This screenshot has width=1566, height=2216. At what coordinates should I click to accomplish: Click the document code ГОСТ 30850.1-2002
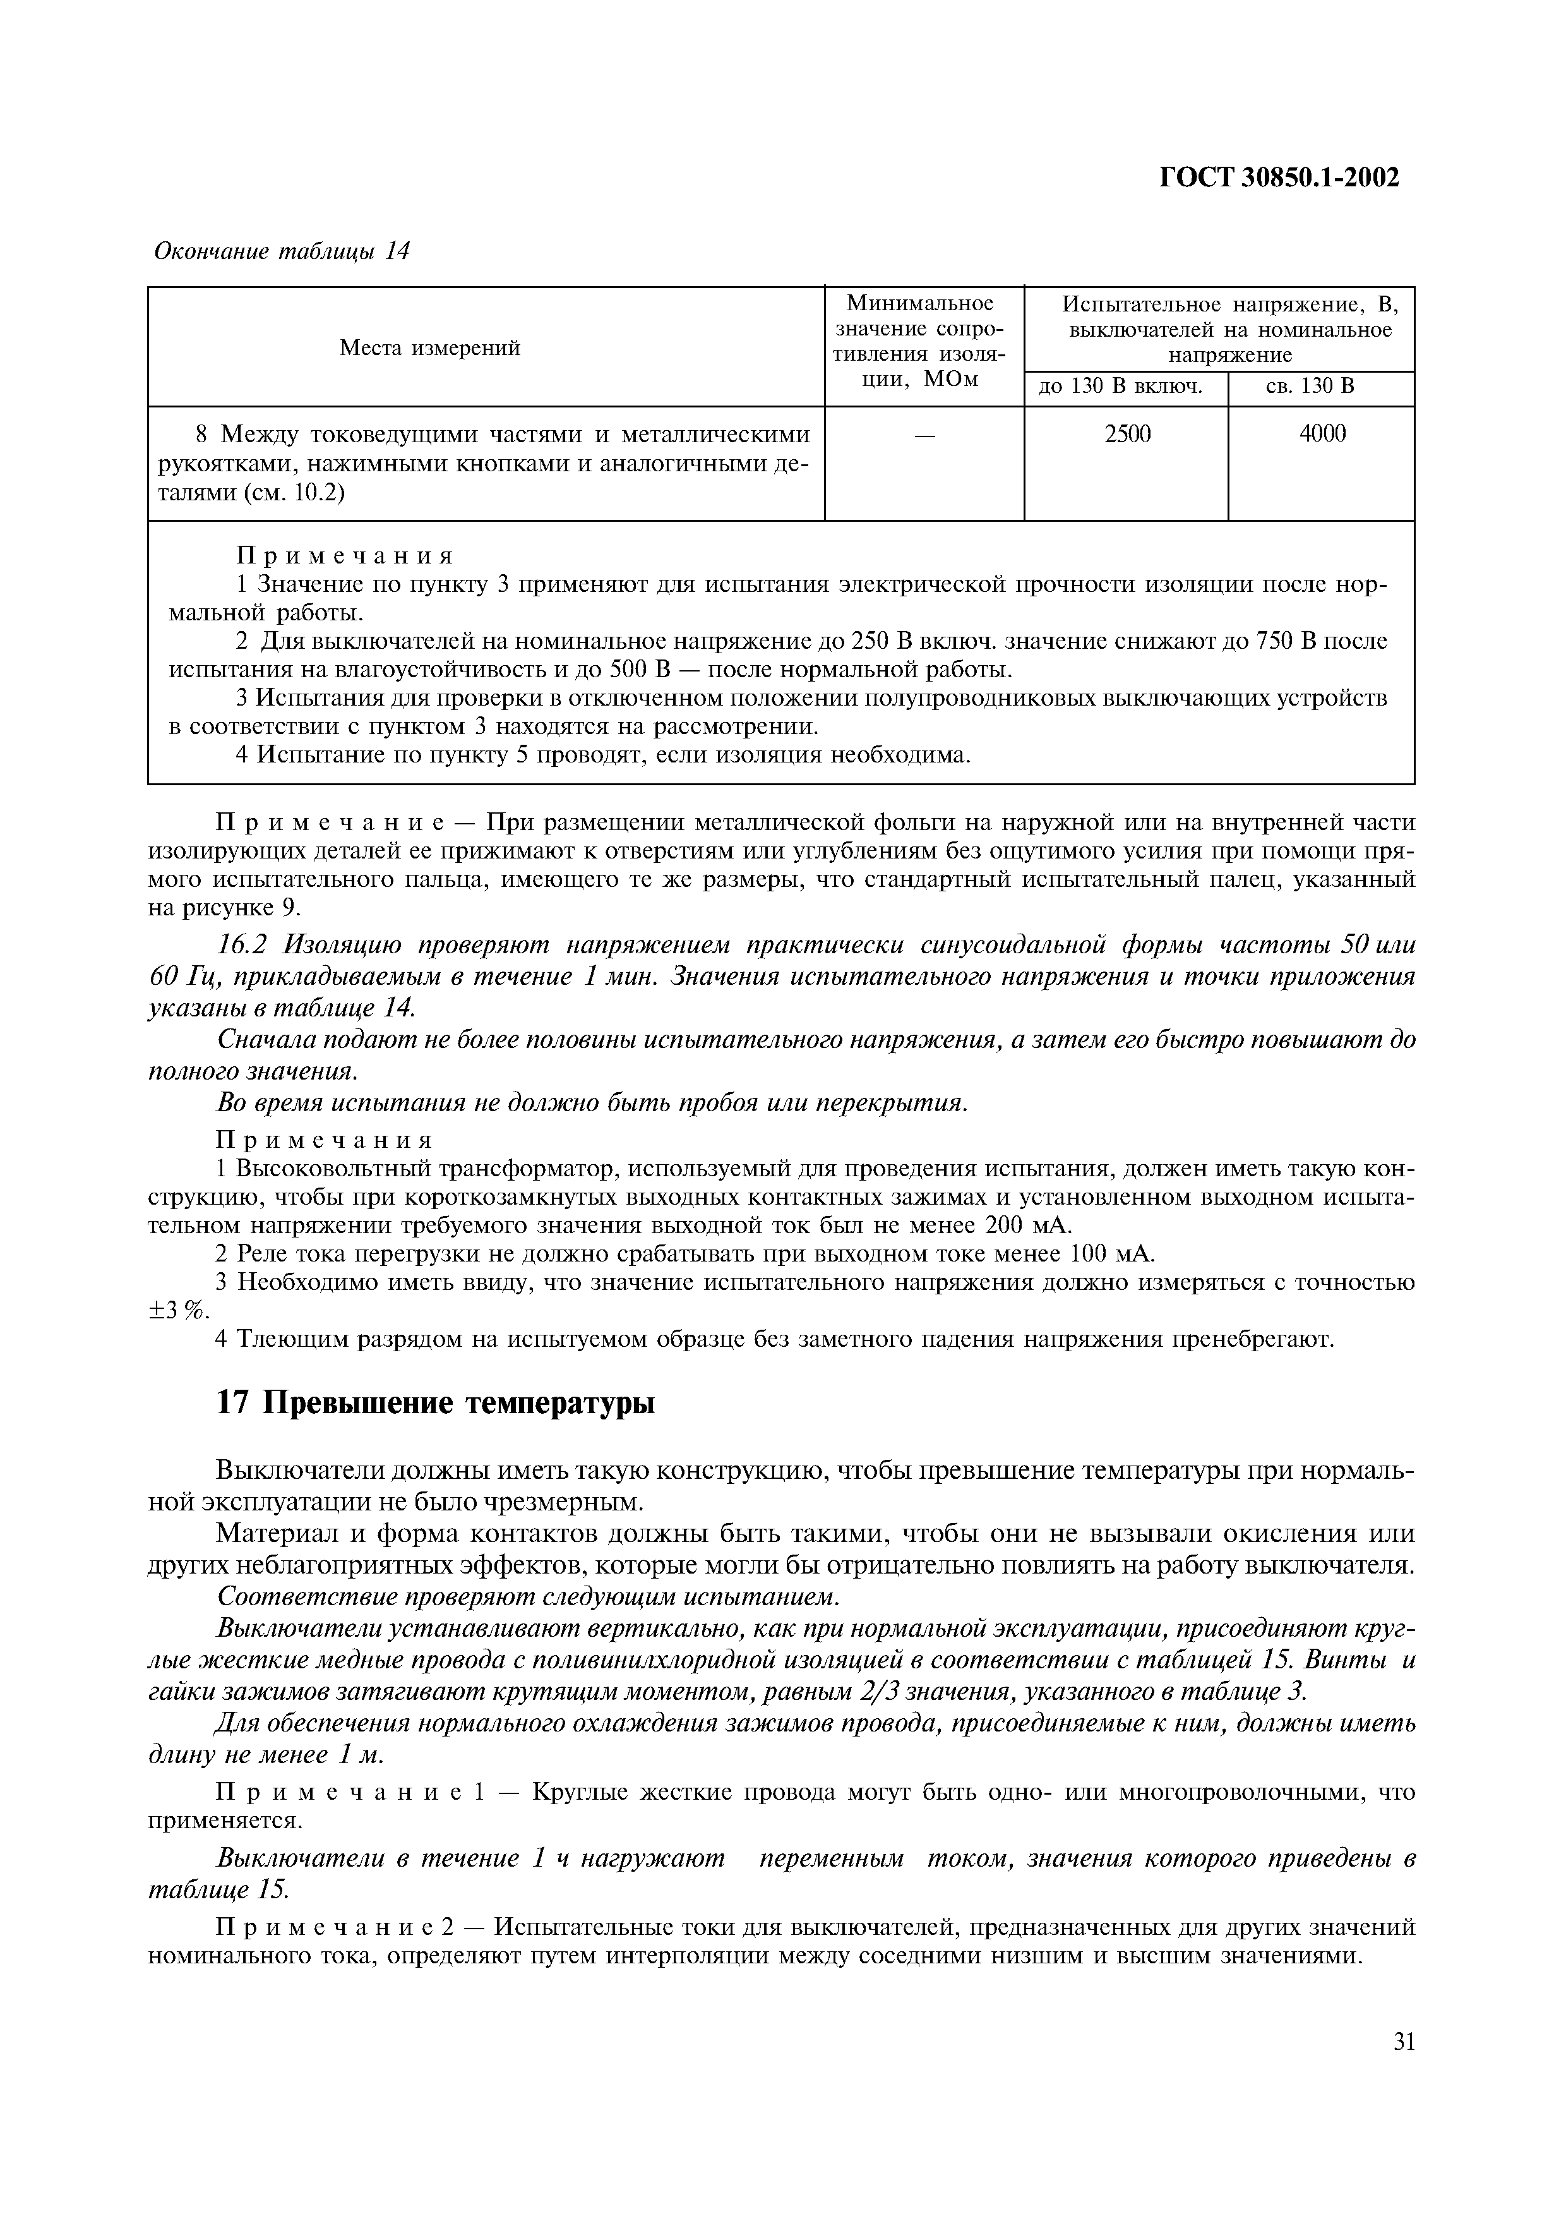click(1279, 177)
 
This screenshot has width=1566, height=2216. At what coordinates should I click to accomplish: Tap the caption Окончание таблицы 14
click(282, 252)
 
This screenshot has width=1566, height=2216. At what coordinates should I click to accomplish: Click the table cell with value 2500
click(1127, 435)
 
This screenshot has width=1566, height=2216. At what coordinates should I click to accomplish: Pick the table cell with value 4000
click(1322, 435)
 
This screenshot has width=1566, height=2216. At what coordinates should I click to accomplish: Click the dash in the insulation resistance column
click(924, 437)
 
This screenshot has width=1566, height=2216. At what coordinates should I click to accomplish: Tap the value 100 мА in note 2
click(1111, 1254)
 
